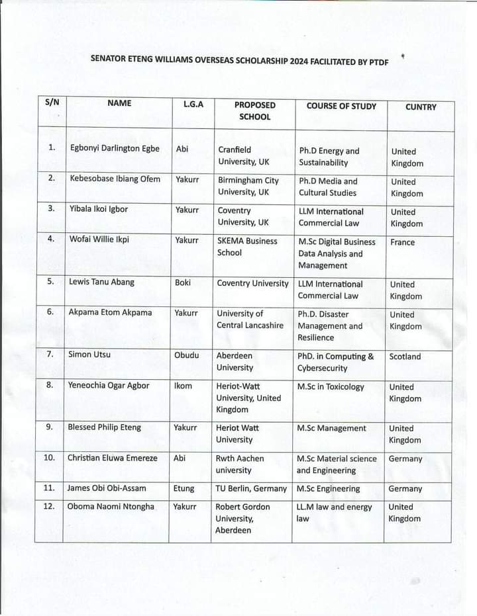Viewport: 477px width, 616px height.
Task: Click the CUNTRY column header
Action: (x=421, y=107)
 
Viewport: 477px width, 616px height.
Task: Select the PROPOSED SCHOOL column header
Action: (x=255, y=110)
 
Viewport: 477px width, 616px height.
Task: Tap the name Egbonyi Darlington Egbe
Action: (x=115, y=148)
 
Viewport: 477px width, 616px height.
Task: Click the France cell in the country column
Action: (x=402, y=242)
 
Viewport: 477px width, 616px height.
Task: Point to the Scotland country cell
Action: (x=405, y=356)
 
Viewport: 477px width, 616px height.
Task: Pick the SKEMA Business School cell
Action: (x=247, y=247)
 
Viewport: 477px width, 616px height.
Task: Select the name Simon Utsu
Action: (x=89, y=355)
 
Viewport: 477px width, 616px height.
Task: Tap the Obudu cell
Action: (x=186, y=355)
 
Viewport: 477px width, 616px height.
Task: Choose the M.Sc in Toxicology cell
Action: (x=331, y=386)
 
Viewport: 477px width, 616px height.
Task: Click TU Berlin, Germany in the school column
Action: (x=251, y=488)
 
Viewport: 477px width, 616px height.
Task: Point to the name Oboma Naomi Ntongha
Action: (x=111, y=506)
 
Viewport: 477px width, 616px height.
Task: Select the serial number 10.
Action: (x=49, y=457)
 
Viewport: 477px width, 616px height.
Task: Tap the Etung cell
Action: (x=184, y=488)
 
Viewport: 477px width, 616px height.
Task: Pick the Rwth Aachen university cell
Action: (x=240, y=464)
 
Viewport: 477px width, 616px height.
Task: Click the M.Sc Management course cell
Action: (x=331, y=428)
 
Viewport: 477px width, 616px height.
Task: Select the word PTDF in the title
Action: (x=374, y=61)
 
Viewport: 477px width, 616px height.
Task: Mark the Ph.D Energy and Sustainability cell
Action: (x=329, y=157)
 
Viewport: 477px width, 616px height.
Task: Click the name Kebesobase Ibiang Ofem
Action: (x=115, y=179)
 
